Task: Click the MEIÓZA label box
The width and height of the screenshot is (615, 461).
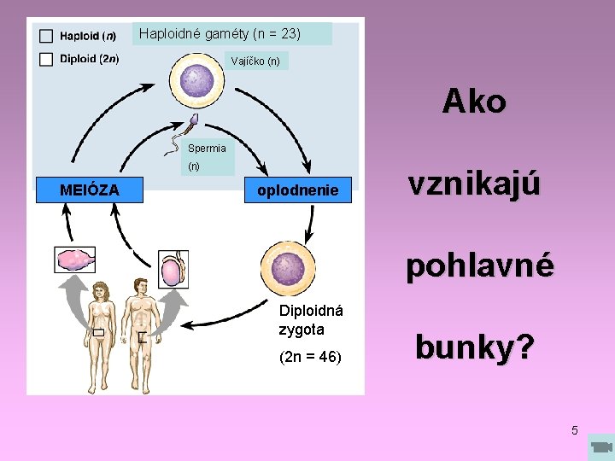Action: pos(89,189)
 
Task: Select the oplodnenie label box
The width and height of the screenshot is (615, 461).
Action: pos(297,190)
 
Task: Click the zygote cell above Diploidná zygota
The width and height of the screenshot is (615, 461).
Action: pos(288,269)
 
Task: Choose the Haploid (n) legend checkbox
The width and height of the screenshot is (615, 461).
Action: pos(45,36)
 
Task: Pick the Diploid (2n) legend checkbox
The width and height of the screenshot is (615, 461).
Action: pos(45,59)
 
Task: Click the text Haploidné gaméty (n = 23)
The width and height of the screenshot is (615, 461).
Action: pos(220,34)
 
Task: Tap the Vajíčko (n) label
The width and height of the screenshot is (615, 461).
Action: pos(256,61)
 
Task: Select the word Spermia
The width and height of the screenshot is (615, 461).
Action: pos(207,148)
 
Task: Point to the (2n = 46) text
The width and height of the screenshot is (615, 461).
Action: pos(310,357)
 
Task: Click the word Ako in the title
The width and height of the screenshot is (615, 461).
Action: pos(474,102)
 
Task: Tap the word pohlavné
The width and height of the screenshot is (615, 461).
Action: pos(480,266)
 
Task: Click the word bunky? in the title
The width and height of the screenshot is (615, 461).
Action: pos(475,348)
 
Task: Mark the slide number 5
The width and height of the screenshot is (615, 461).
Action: pos(575,430)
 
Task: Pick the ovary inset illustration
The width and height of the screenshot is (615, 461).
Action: pos(74,259)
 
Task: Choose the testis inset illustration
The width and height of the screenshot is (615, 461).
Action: pos(172,269)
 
